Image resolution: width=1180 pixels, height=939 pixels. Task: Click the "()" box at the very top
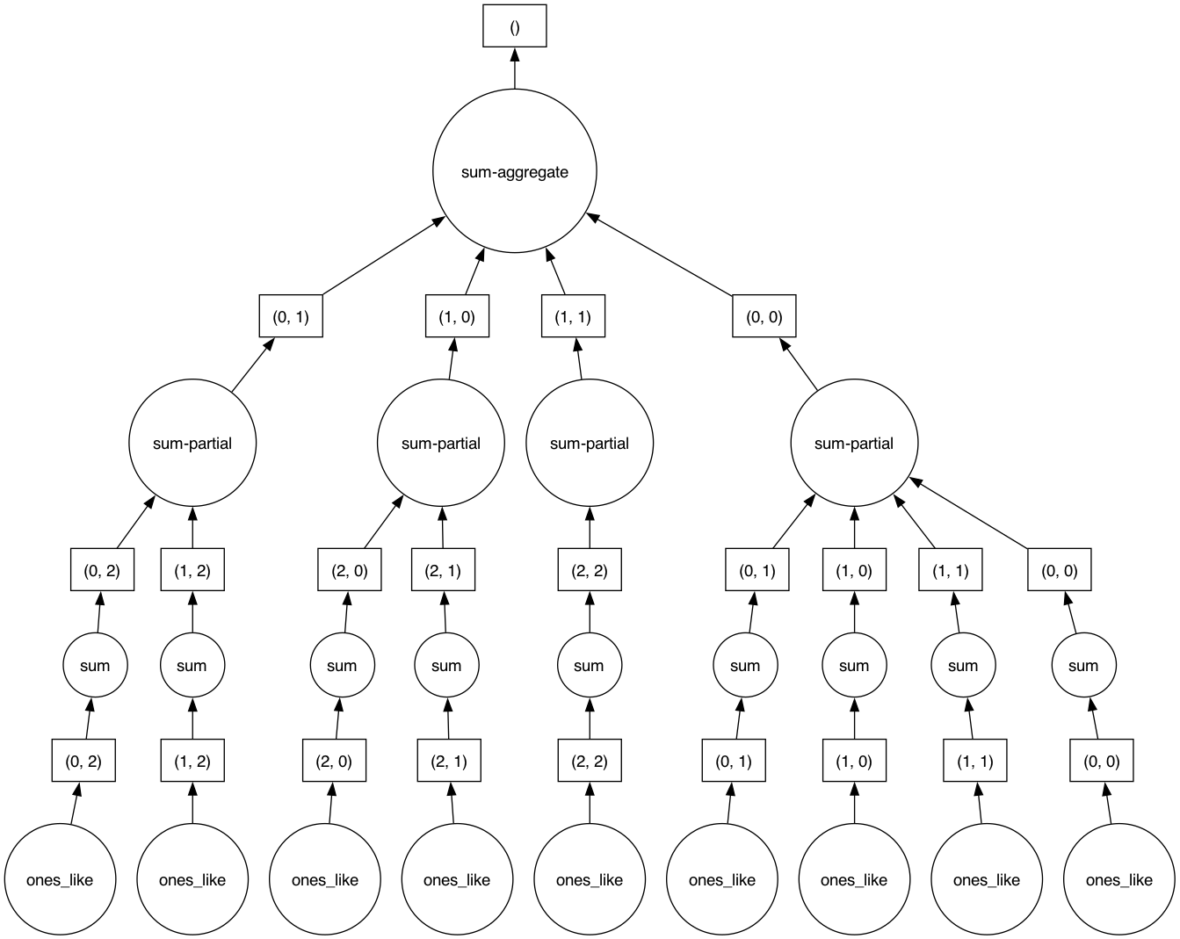coord(514,26)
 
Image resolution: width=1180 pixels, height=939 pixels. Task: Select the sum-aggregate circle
coord(514,171)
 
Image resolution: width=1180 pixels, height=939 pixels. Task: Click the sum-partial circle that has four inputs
coord(853,443)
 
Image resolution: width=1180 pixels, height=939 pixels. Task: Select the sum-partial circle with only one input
coord(589,443)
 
